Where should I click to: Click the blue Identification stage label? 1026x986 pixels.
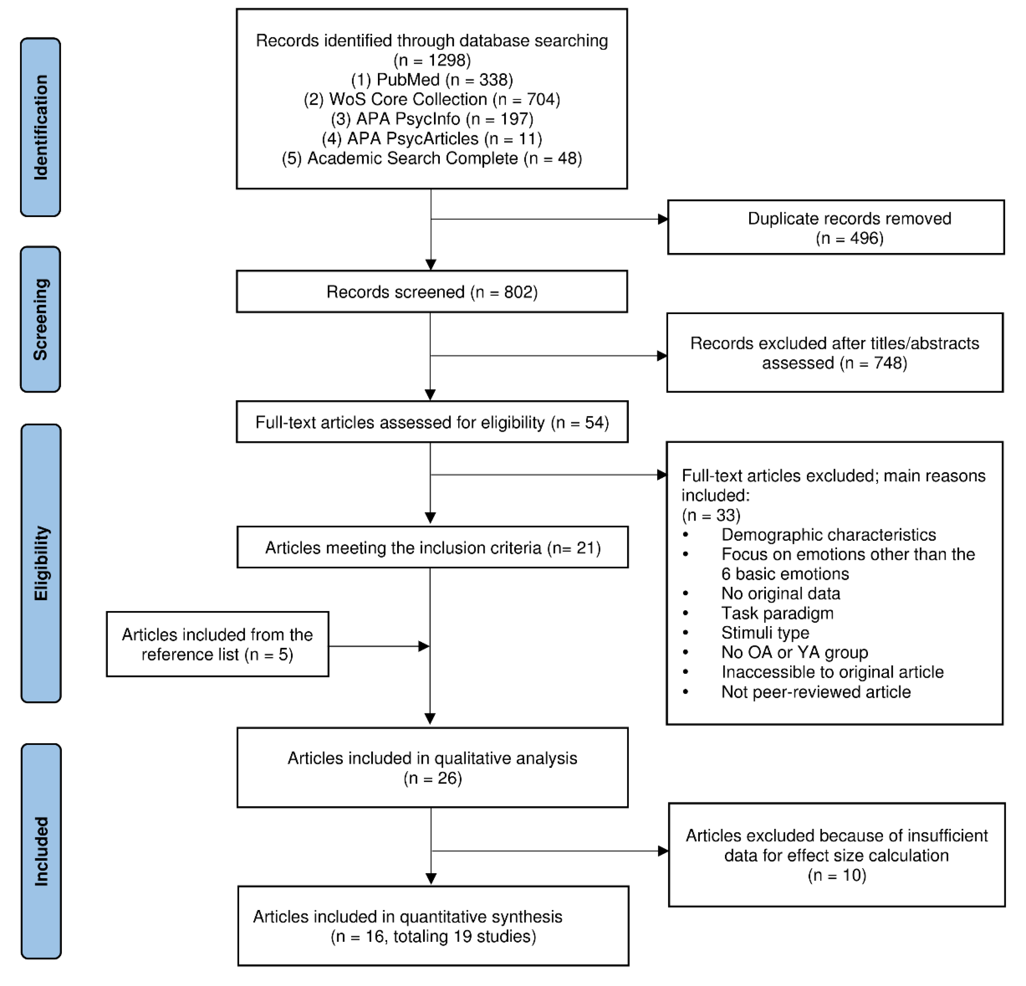point(40,127)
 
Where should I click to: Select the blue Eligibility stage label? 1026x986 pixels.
point(41,563)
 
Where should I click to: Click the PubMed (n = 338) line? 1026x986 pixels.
point(432,80)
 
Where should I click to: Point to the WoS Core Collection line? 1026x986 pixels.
point(432,99)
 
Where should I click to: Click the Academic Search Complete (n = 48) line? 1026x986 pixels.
point(432,158)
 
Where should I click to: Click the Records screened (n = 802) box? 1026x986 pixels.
point(432,292)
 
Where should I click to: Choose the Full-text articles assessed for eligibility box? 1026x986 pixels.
point(432,422)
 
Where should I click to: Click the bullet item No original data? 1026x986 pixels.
point(780,593)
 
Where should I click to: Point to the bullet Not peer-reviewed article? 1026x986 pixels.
point(816,692)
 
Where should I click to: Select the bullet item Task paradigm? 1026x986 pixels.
point(777,613)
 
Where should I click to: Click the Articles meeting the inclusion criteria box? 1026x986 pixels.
point(432,547)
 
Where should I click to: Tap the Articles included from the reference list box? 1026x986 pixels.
point(217,644)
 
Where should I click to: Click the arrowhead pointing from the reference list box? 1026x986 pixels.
point(424,646)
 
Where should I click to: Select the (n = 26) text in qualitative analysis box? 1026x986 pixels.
point(432,778)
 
